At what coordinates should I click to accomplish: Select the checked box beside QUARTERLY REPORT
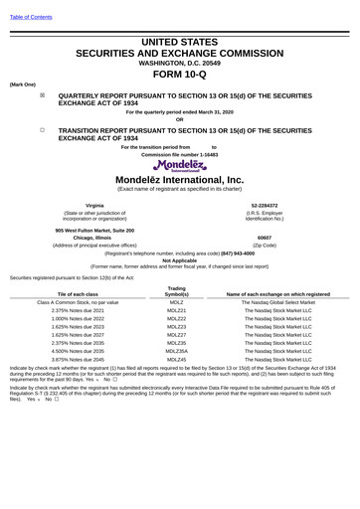point(42,96)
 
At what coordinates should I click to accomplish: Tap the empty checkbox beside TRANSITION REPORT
point(42,129)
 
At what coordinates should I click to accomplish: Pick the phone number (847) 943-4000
point(232,253)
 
